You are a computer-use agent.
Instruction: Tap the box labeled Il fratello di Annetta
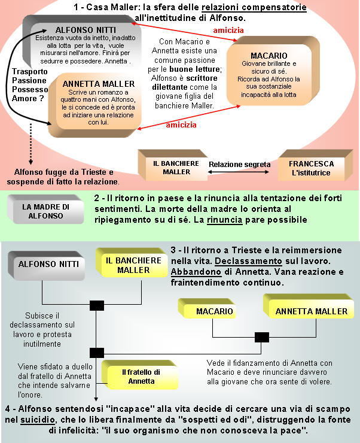click(141, 376)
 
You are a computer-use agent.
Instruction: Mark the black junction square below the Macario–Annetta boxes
click(261, 337)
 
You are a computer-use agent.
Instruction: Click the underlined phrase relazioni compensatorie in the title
click(254, 8)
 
